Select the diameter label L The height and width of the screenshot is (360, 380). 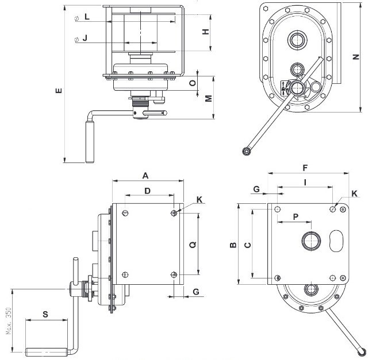[x=86, y=17]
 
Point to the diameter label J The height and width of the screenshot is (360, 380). [x=85, y=38]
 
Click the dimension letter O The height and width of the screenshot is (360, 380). [x=192, y=83]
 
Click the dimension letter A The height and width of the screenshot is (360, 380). [x=146, y=174]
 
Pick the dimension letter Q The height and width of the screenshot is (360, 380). [x=192, y=244]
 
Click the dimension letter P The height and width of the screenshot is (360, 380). [x=295, y=216]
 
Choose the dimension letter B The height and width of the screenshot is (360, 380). [x=233, y=245]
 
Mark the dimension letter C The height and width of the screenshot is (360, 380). [x=247, y=245]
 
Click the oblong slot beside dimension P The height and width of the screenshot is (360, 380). [x=337, y=241]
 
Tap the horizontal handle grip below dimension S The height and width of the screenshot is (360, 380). [x=46, y=350]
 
